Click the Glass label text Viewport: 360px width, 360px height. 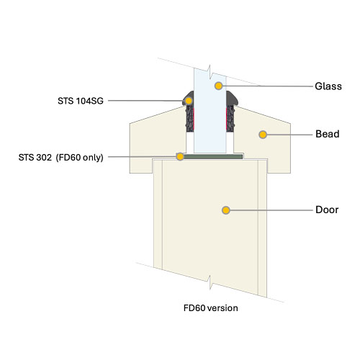pos(328,86)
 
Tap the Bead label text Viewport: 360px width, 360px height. pos(328,134)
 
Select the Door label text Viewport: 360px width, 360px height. pos(327,210)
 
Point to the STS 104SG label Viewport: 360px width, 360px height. pos(81,101)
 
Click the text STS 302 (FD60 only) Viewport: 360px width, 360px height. pos(61,158)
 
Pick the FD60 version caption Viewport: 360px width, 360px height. pos(211,308)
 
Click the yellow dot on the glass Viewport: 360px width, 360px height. pos(218,86)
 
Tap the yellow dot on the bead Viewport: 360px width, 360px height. pos(263,135)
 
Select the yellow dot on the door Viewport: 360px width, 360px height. pos(226,210)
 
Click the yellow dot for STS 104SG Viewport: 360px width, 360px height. pos(189,101)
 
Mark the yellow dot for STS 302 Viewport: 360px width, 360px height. pos(180,157)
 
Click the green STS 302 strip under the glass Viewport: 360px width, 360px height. pos(212,157)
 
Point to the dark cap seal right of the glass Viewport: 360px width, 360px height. pos(232,99)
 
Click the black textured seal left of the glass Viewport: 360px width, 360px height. pos(189,119)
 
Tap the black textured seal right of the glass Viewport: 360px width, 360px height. pos(230,119)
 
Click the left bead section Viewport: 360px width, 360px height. pos(156,142)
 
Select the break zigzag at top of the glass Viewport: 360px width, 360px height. pos(210,72)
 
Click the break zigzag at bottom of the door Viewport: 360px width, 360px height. pos(210,282)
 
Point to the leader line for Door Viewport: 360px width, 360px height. pos(271,210)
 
